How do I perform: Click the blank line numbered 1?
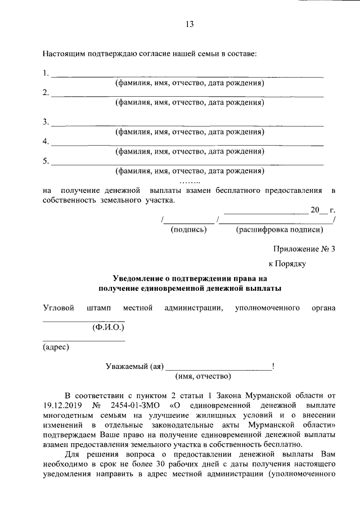click(x=187, y=75)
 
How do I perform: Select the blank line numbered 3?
click(x=187, y=125)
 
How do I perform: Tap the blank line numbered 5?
click(x=187, y=164)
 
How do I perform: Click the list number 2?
click(x=46, y=93)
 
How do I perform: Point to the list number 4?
click(x=46, y=141)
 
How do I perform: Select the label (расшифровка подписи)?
click(x=278, y=229)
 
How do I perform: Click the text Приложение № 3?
click(x=304, y=248)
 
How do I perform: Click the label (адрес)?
click(x=56, y=347)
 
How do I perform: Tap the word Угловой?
click(x=58, y=308)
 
